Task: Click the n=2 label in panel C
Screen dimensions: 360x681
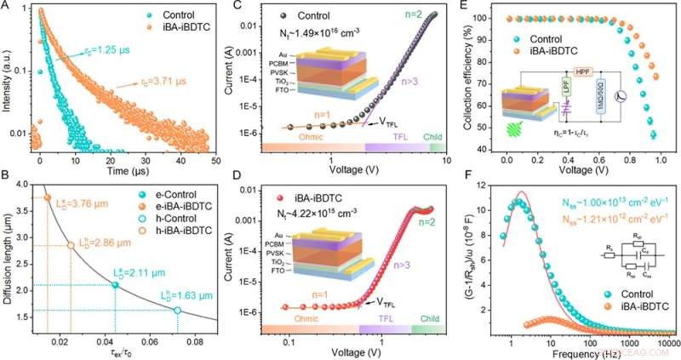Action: pyautogui.click(x=420, y=12)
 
